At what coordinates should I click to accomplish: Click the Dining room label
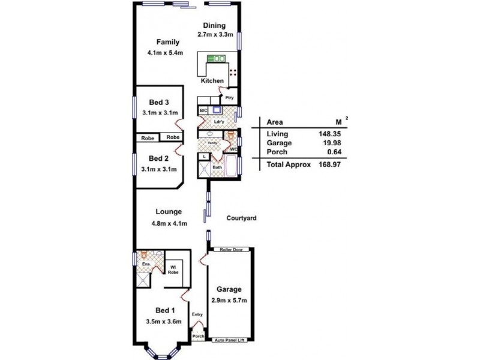tap(214, 25)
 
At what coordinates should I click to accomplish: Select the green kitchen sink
tap(216, 59)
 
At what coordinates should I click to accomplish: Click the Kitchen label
tap(212, 80)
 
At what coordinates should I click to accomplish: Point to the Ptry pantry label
tap(229, 97)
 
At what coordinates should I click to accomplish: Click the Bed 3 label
tap(159, 102)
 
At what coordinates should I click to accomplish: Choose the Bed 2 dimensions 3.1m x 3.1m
tap(159, 169)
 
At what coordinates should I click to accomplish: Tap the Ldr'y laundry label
tap(218, 123)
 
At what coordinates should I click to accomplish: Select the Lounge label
tap(169, 211)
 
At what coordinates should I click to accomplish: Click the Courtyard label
tap(242, 218)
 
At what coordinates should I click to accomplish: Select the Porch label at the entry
tap(199, 337)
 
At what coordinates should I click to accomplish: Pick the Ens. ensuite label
tap(145, 264)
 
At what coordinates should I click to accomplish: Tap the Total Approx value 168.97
tap(331, 164)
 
